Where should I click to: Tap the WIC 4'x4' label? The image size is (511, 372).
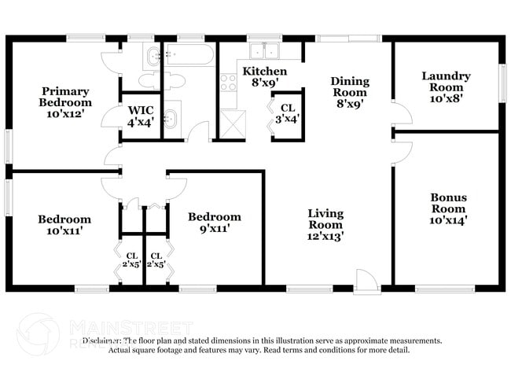coord(141,116)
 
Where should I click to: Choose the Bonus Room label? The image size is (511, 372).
coord(448,208)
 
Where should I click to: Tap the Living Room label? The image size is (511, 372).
coord(325,223)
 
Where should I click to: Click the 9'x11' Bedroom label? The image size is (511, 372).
coord(214,223)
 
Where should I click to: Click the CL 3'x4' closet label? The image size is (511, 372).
coord(288,113)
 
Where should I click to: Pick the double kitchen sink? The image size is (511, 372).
coord(265,52)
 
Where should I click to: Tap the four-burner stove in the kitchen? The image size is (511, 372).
coord(228,81)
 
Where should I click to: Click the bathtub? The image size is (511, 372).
coord(189,56)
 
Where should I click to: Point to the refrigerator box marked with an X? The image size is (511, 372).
coord(233,123)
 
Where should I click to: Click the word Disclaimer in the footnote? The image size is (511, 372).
coord(103,341)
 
